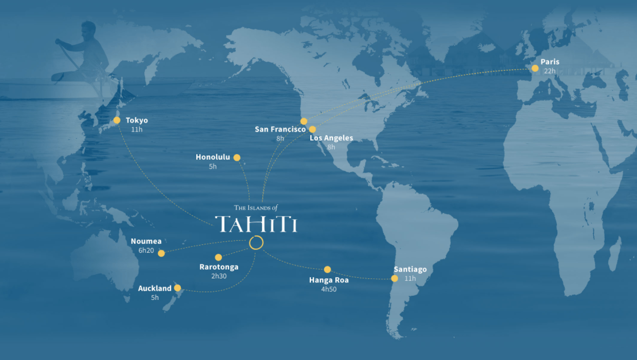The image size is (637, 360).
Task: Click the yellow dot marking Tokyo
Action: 117,120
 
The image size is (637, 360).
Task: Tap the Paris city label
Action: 550,62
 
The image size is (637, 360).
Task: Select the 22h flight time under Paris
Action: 550,71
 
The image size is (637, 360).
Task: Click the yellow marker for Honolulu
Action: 237,158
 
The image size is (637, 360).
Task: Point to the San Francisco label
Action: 280,129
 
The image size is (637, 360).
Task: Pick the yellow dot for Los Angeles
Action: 312,129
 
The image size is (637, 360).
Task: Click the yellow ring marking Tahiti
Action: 256,243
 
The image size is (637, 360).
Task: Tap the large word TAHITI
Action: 256,224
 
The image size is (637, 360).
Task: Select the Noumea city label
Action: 146,241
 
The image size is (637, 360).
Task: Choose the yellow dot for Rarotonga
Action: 218,257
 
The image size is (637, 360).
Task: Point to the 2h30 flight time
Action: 218,276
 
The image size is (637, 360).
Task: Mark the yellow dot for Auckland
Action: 177,288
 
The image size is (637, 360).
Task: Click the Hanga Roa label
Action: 329,280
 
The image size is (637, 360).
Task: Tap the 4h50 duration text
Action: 329,289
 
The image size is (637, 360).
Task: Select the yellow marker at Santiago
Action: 395,278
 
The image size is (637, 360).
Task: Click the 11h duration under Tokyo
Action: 137,129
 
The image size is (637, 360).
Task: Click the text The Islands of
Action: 255,207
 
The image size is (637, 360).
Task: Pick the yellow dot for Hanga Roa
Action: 327,270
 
